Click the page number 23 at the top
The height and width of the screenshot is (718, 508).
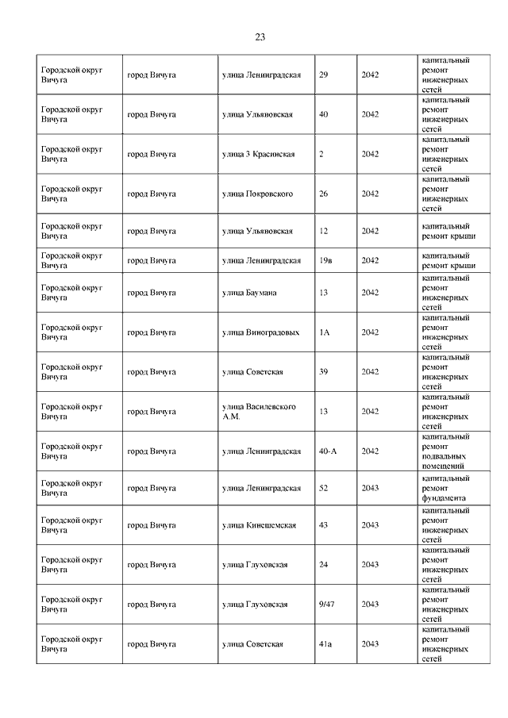click(x=260, y=37)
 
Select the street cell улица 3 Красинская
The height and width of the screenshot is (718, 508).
click(x=258, y=154)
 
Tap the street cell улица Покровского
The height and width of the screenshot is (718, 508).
click(x=258, y=194)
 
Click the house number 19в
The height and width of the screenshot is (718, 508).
click(x=325, y=260)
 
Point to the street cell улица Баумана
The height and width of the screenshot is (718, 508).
click(x=249, y=293)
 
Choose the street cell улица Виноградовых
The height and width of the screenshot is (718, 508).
click(x=260, y=332)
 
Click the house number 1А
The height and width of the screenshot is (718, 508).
click(x=324, y=332)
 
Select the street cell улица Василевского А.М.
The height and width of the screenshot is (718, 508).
click(x=259, y=411)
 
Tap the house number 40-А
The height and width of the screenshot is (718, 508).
click(x=328, y=451)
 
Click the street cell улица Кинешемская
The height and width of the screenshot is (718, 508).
click(x=259, y=525)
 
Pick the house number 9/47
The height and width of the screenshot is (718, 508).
click(x=325, y=604)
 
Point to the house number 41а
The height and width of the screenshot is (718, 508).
click(x=325, y=643)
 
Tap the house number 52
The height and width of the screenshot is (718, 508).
click(x=323, y=489)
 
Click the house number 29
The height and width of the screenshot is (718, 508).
click(x=323, y=75)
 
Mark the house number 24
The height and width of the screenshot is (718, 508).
click(x=323, y=565)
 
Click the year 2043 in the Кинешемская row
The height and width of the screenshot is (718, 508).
click(x=370, y=525)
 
